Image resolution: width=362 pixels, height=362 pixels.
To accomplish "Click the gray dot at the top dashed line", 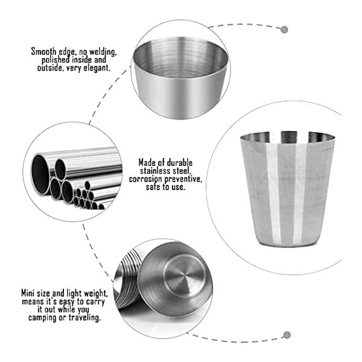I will point(284,29).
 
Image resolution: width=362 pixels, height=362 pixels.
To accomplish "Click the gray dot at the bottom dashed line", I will point(287,335).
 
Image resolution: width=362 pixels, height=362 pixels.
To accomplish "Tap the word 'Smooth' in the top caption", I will point(46,52).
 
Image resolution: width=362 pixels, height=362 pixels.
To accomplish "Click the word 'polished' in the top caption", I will point(58,60).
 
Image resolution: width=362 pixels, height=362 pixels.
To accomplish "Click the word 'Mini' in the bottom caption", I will point(30,293).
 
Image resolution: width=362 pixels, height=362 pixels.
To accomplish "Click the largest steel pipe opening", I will point(40,174).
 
